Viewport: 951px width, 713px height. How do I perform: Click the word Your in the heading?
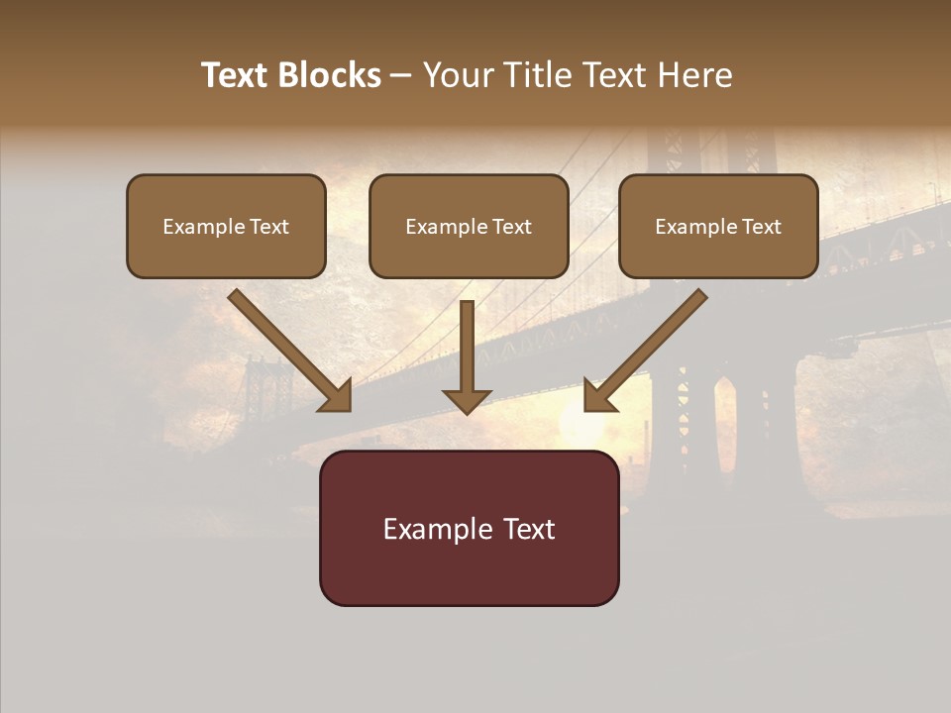(458, 75)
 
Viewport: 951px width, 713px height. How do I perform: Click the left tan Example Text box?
(226, 227)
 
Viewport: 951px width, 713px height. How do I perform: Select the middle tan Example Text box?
(469, 227)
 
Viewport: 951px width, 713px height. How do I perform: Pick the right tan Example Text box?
(718, 227)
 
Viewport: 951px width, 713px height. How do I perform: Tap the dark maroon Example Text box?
(469, 528)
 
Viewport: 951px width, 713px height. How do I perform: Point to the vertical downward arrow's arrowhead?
(467, 400)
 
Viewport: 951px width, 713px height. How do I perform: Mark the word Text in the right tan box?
(761, 227)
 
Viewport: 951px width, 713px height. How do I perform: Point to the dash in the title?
(401, 75)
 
